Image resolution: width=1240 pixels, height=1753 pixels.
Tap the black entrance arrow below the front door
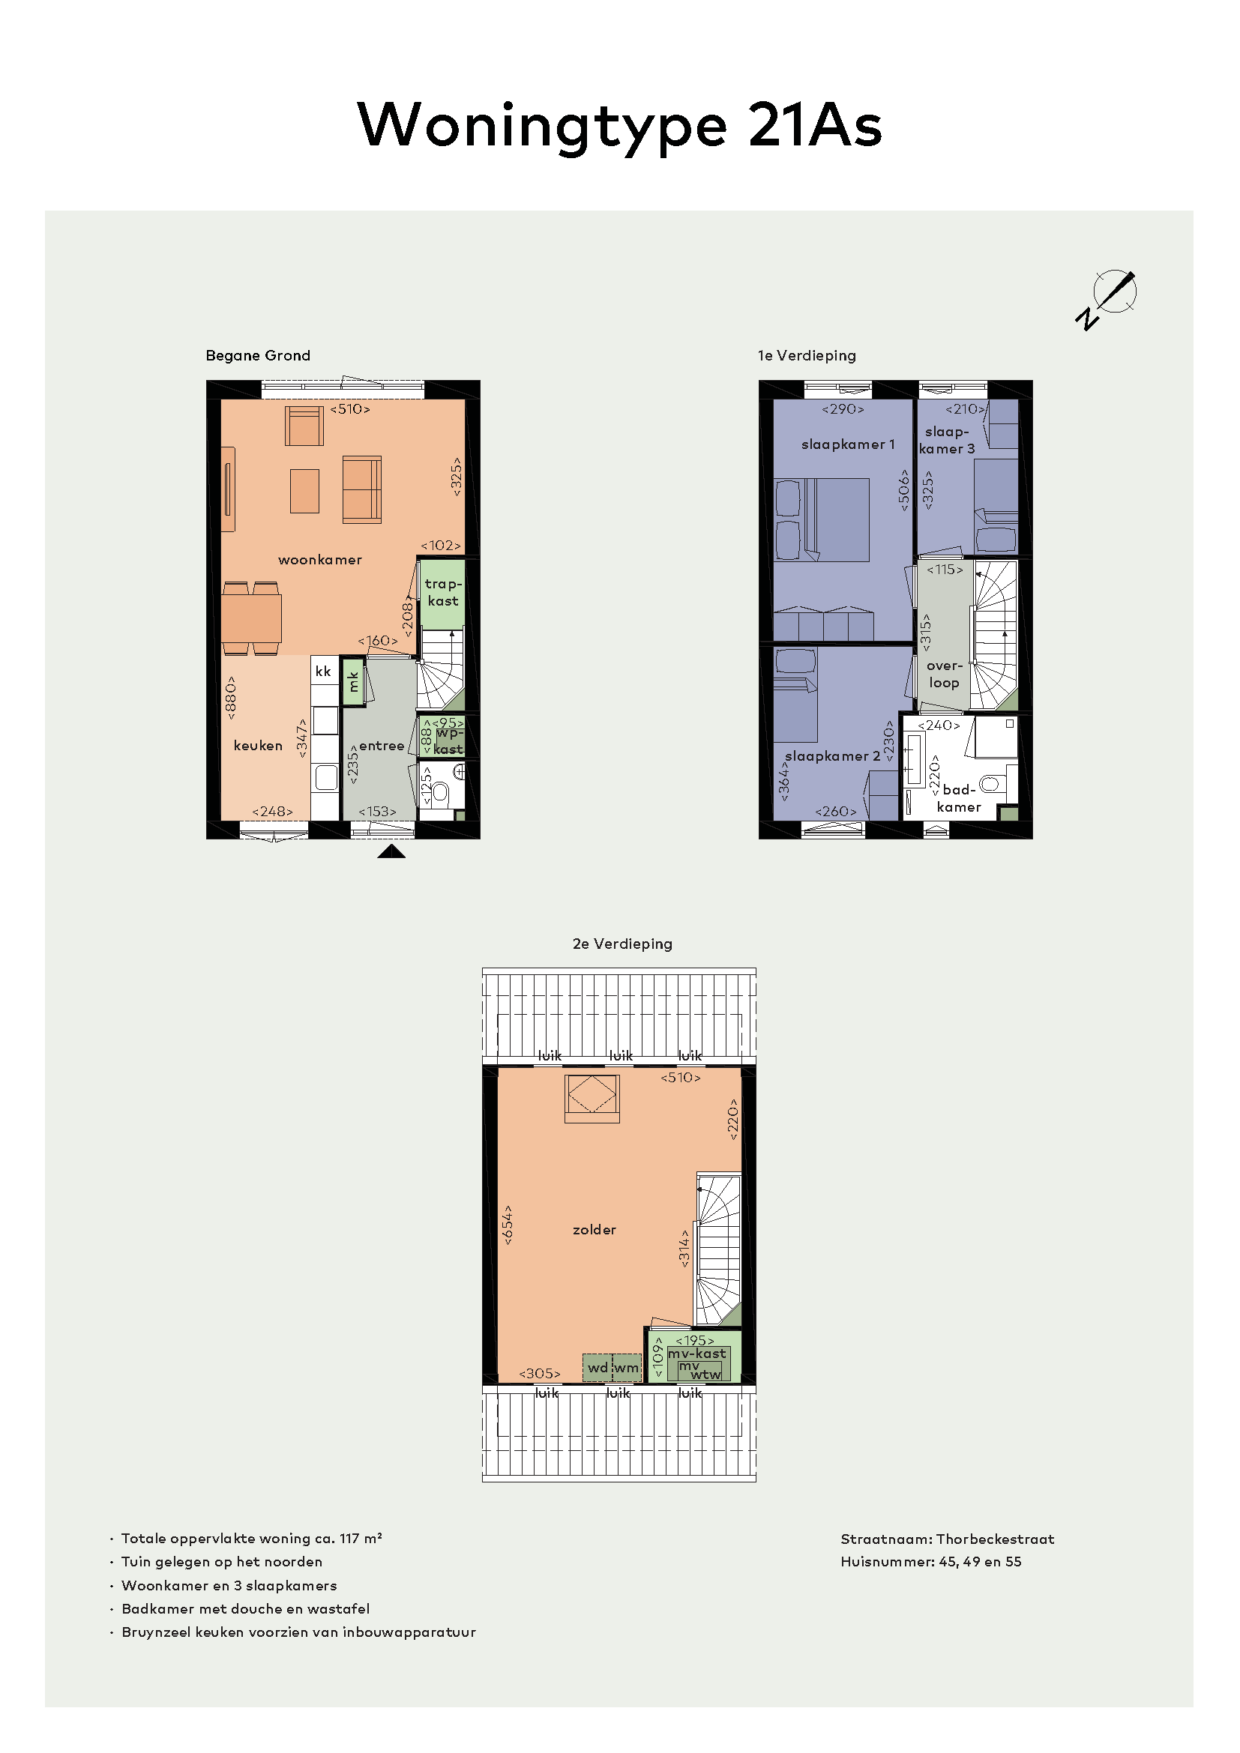(391, 852)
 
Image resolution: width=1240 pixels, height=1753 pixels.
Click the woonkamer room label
(320, 560)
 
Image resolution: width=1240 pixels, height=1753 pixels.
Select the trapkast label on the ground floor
(443, 593)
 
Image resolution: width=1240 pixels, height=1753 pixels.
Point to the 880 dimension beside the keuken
(232, 697)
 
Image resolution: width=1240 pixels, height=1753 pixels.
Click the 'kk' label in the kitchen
(323, 671)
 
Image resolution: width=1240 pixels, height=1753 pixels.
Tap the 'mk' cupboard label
(353, 681)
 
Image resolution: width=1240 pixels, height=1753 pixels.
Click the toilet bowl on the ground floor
(441, 794)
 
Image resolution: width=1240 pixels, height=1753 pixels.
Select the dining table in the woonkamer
(251, 618)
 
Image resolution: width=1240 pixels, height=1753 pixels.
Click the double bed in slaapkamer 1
(822, 520)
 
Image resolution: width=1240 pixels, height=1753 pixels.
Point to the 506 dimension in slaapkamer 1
(904, 490)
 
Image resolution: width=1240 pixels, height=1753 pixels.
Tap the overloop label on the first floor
(945, 675)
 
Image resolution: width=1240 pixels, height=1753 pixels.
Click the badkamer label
(959, 799)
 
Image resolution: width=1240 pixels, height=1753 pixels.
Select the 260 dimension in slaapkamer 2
(835, 812)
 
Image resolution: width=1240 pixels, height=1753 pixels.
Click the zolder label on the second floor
(594, 1230)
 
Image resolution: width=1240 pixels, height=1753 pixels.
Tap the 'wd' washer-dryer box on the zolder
(598, 1368)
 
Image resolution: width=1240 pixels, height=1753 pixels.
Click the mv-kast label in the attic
(696, 1354)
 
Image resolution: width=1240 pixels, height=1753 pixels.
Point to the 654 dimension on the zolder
(508, 1225)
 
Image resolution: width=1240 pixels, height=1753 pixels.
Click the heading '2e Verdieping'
(622, 944)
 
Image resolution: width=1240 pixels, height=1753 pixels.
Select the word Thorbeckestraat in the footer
(995, 1539)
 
